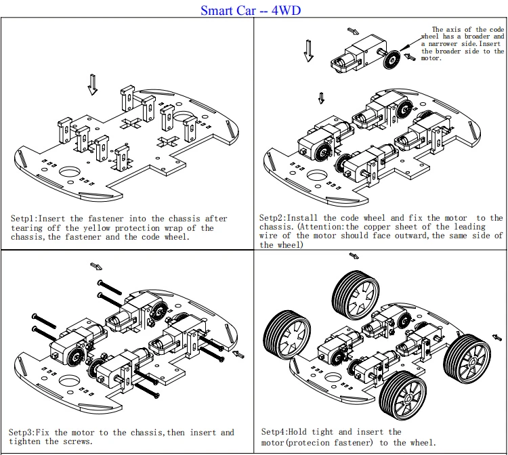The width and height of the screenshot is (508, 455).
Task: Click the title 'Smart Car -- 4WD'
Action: pyautogui.click(x=251, y=10)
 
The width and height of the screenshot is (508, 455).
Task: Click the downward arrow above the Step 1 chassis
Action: pyautogui.click(x=93, y=84)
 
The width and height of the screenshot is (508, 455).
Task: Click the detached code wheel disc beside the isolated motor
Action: pyautogui.click(x=390, y=60)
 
